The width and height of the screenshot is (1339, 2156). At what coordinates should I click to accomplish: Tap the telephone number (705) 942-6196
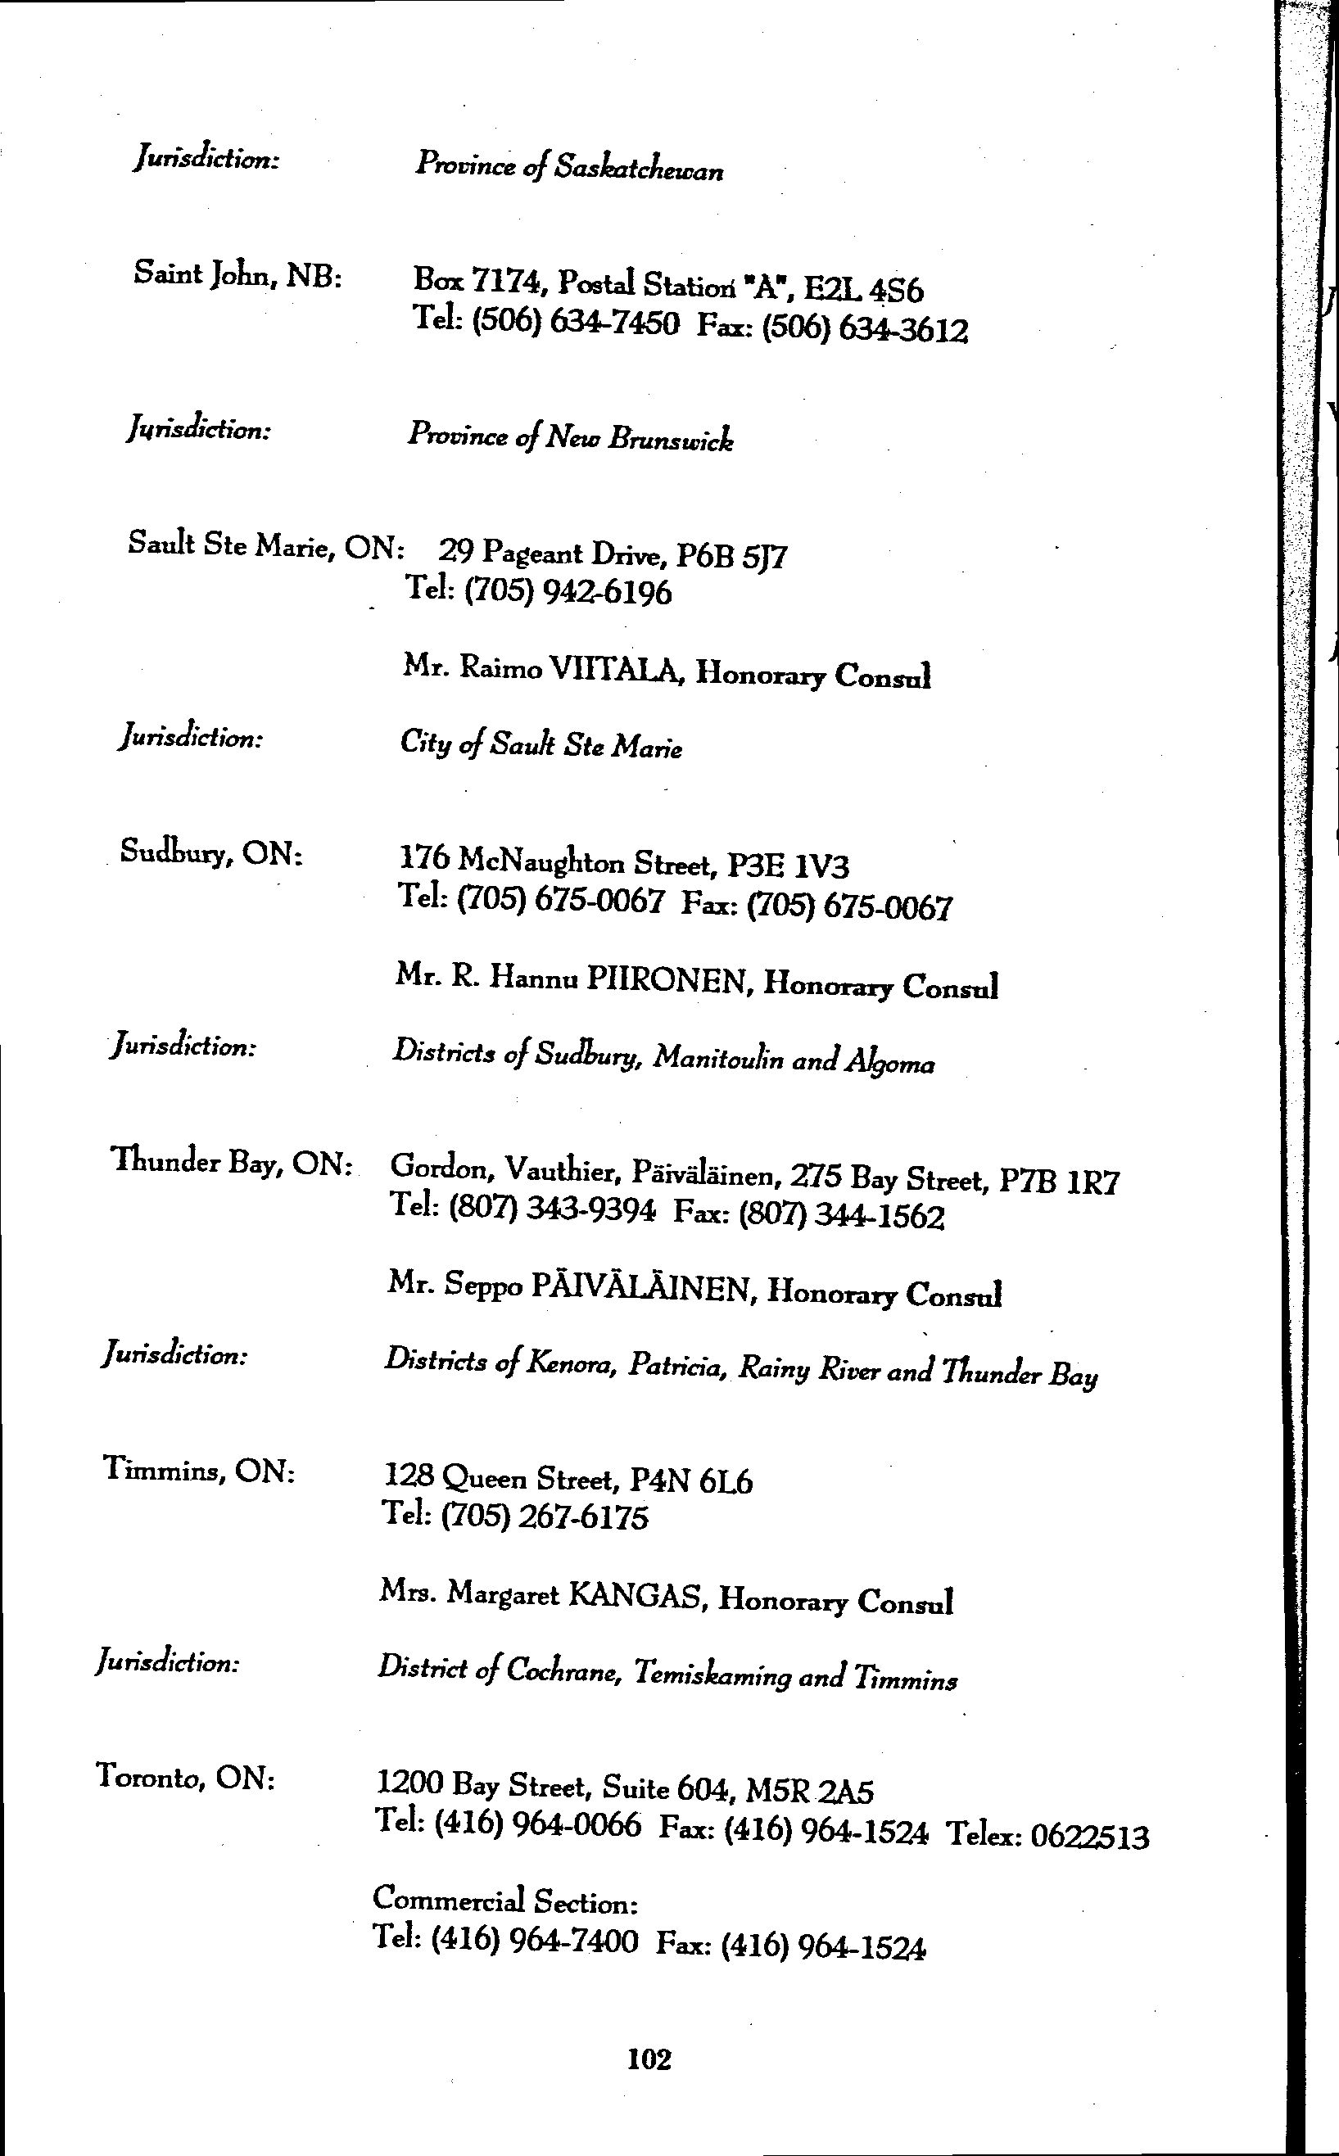tap(567, 591)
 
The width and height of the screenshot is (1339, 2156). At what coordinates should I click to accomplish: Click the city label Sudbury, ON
tap(211, 853)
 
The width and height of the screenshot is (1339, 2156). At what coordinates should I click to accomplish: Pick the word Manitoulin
tap(717, 1058)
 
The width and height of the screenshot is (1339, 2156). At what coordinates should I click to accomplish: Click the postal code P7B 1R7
tap(1059, 1181)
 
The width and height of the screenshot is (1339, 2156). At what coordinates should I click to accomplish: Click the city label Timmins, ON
tap(199, 1471)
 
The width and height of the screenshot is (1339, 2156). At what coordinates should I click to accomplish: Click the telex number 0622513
tap(1090, 1837)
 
